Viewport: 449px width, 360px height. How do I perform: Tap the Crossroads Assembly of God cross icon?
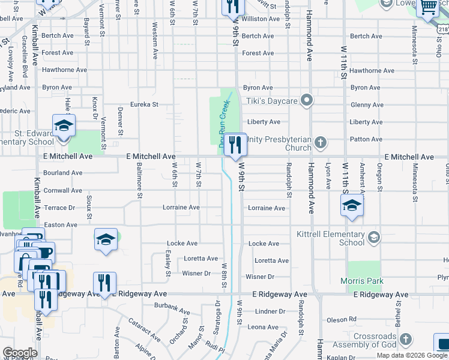click(x=405, y=340)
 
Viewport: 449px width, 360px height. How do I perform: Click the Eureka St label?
click(x=144, y=104)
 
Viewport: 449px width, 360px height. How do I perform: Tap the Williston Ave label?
click(x=261, y=19)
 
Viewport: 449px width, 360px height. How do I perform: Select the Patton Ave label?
click(x=366, y=139)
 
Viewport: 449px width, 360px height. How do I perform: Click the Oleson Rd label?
click(x=341, y=319)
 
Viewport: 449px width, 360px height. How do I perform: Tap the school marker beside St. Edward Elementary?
click(x=64, y=127)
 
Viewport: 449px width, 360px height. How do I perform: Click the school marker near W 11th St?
click(x=352, y=206)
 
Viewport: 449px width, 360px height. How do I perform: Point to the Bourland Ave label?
click(x=63, y=173)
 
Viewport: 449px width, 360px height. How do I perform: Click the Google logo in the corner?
click(x=20, y=353)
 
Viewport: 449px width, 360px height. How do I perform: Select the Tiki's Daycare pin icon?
click(x=307, y=100)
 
